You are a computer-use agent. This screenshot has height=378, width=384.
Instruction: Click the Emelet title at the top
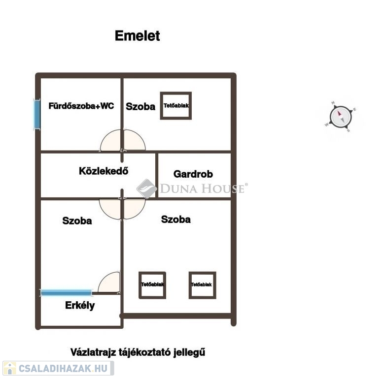(x=137, y=36)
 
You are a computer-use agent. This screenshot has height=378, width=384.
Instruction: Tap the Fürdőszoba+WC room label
(x=81, y=106)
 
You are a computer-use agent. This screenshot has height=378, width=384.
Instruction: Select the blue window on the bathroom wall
(x=37, y=114)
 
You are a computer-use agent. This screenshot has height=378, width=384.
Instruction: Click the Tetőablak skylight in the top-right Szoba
(x=176, y=106)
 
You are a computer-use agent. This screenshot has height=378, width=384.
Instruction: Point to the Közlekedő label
(x=104, y=171)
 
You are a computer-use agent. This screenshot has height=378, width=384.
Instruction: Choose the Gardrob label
(x=193, y=174)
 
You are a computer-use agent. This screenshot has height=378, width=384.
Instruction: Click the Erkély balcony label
(x=80, y=305)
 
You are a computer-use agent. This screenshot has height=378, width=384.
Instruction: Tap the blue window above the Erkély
(x=66, y=292)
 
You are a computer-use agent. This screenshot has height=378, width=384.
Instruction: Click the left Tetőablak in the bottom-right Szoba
(x=152, y=285)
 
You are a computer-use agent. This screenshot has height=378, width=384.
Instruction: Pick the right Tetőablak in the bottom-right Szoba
(x=202, y=285)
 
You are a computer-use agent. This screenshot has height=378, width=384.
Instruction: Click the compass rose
(x=341, y=117)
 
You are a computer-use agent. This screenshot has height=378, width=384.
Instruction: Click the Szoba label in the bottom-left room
(x=77, y=221)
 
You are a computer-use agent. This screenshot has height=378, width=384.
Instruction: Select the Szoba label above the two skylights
(x=176, y=220)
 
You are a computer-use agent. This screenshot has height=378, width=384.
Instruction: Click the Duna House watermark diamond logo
(x=146, y=189)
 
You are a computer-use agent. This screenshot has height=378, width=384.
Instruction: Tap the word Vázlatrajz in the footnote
(x=93, y=352)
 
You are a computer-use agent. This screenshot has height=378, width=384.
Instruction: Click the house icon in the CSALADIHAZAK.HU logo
(x=9, y=368)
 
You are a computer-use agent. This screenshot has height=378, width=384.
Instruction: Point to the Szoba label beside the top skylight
(x=140, y=107)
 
